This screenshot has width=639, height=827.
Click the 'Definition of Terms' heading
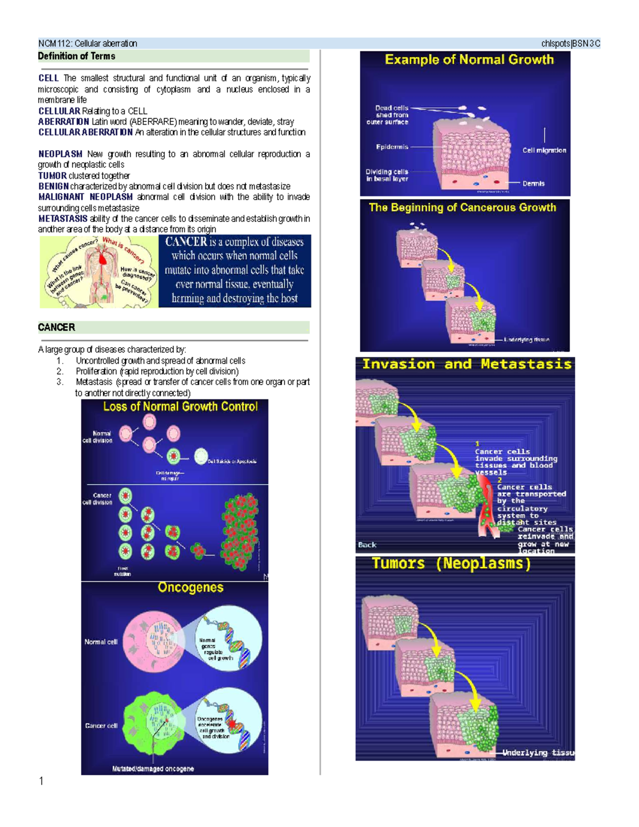coord(76,56)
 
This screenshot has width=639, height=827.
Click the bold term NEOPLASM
coord(60,154)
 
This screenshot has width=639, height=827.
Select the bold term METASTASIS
coord(62,218)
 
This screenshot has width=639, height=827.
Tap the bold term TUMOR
coord(52,176)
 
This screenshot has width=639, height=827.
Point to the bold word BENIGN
coord(53,186)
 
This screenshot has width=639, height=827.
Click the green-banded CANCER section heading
coord(56,327)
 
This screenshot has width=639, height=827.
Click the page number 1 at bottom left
coord(41,781)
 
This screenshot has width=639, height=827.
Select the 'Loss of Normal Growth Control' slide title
coord(180,407)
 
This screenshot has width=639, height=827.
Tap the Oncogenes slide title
coord(190,587)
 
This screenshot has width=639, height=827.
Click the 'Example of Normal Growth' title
coord(469,60)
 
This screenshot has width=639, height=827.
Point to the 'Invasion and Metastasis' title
coord(466,364)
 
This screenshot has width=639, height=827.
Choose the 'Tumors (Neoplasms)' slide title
coord(451,563)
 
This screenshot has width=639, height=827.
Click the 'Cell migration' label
coord(544,150)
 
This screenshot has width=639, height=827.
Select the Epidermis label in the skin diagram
coord(392,147)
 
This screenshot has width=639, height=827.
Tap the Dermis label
coord(533,184)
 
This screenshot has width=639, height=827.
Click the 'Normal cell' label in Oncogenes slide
coord(101,642)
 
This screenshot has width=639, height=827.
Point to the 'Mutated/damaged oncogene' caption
coord(153,768)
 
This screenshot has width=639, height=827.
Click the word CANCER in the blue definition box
coord(186,242)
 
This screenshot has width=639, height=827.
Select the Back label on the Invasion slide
coord(367,545)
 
